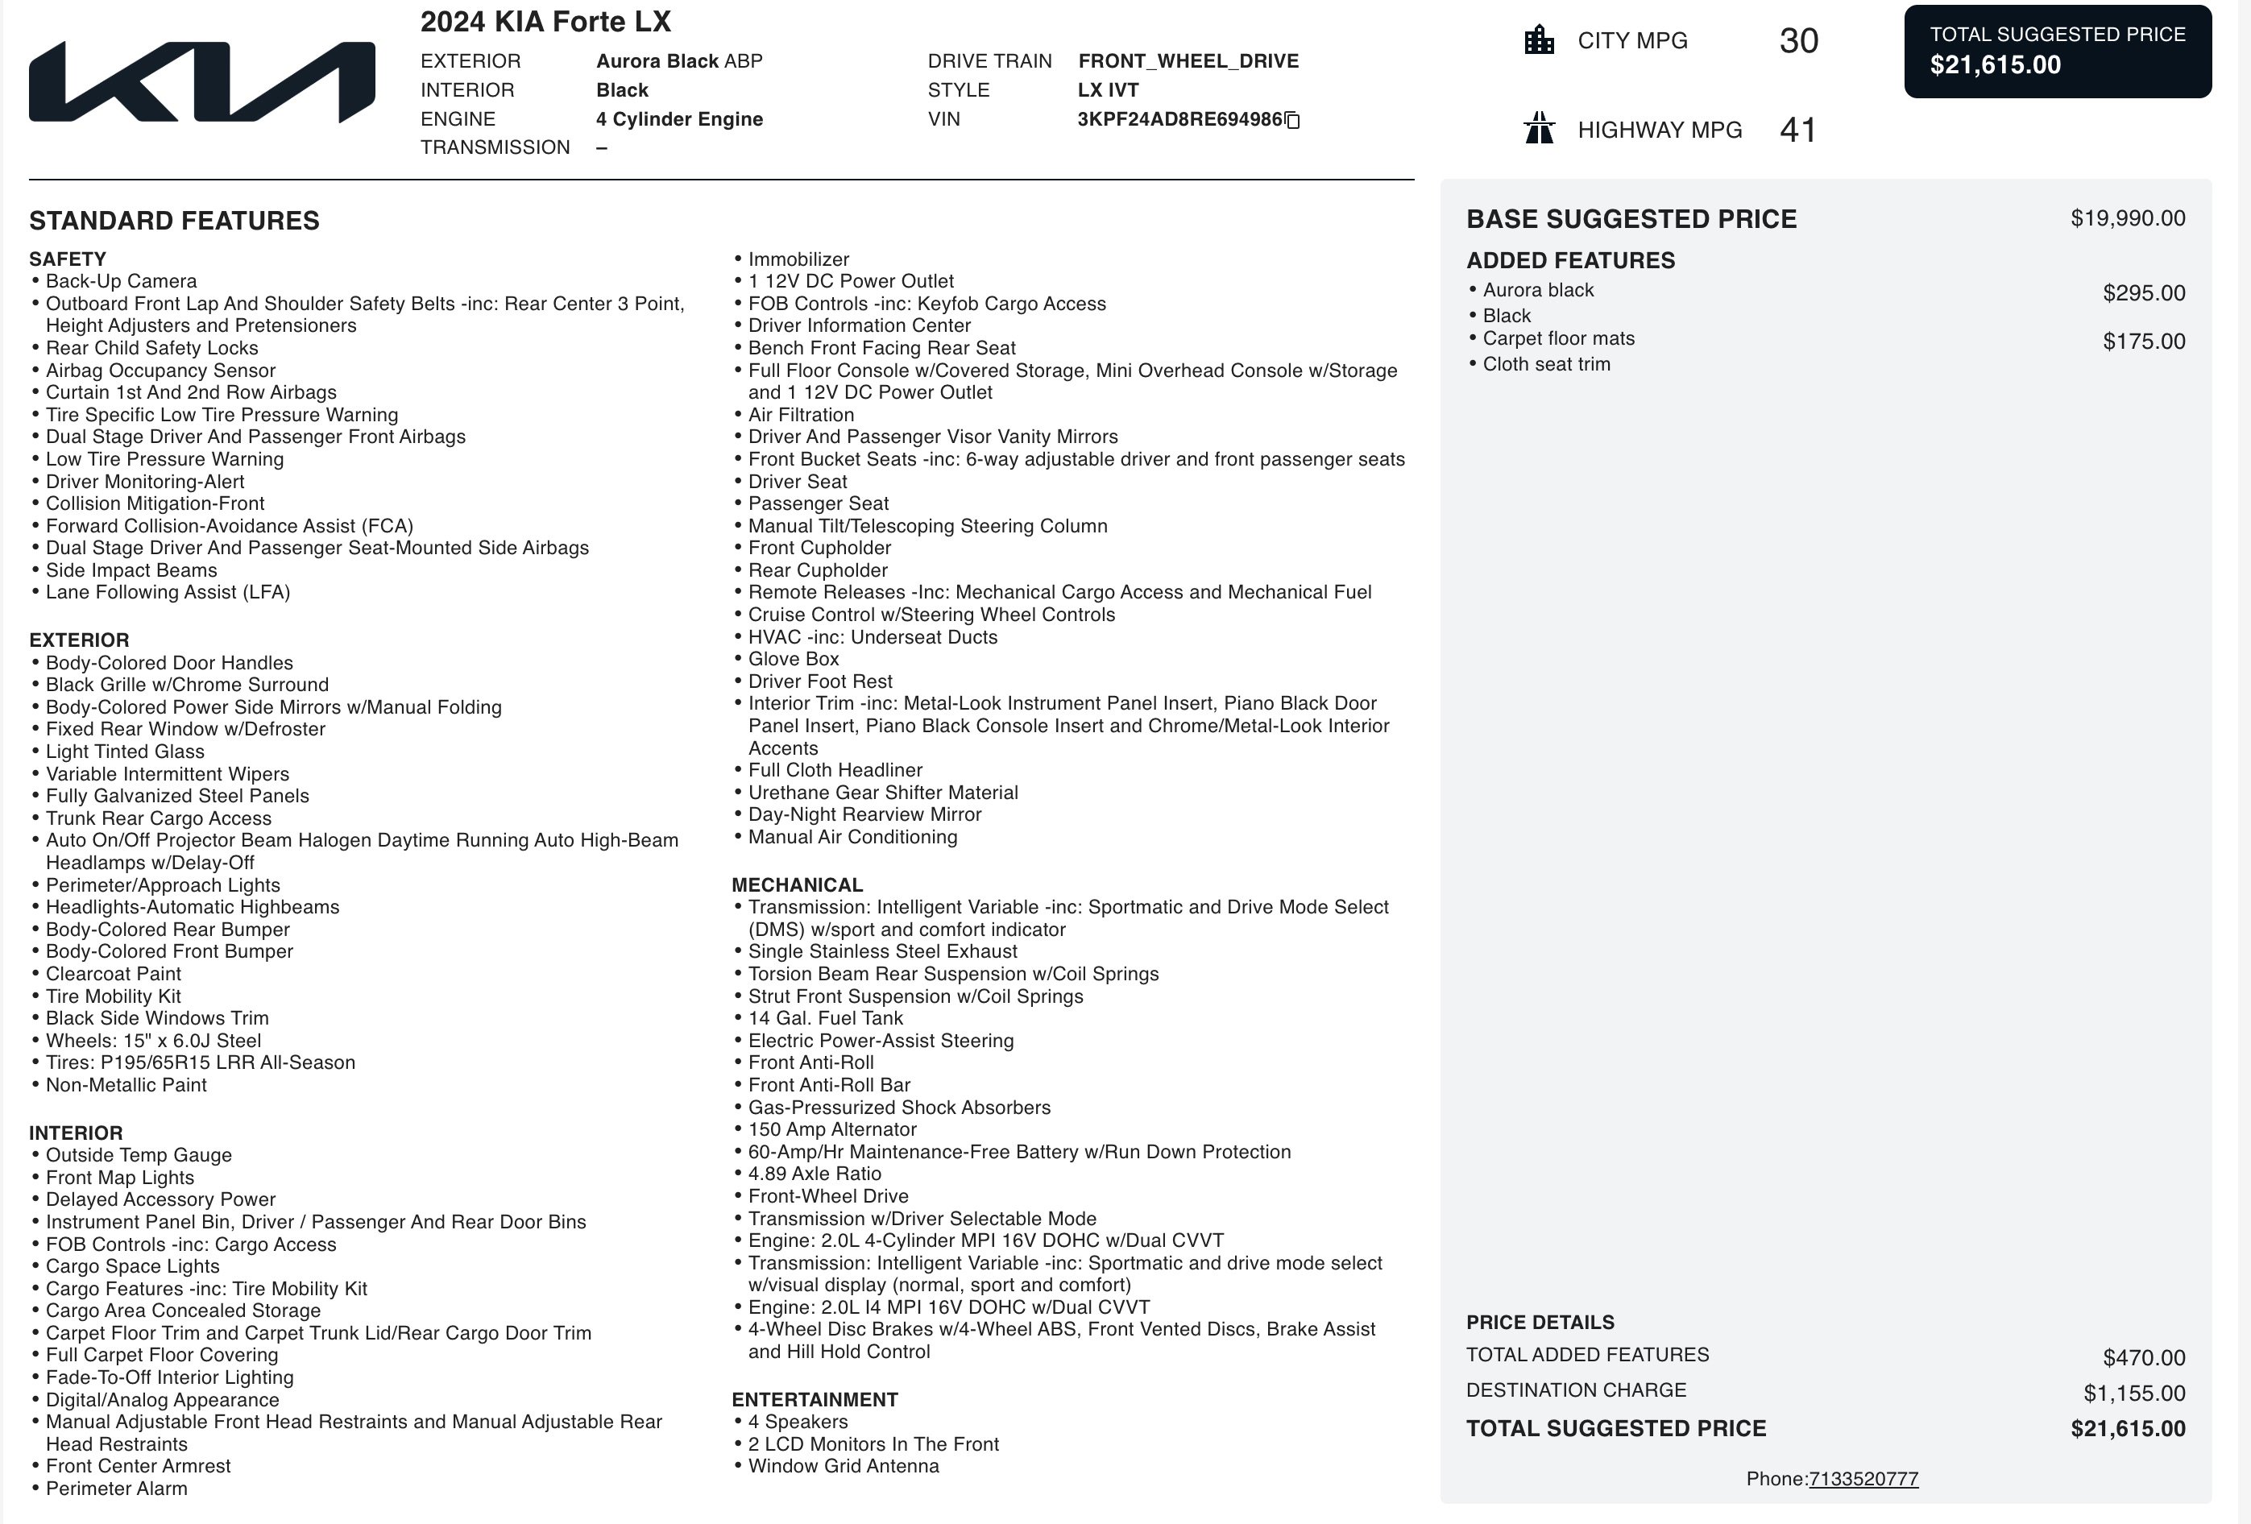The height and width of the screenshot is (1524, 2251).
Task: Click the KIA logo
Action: coord(201,82)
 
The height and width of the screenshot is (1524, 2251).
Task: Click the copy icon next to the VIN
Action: coord(1292,120)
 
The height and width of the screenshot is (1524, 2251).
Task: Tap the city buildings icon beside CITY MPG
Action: coord(1539,40)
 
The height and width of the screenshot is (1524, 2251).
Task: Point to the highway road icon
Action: coord(1539,129)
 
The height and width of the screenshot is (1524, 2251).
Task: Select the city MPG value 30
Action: coord(1799,40)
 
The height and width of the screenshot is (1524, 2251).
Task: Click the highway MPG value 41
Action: coord(1797,130)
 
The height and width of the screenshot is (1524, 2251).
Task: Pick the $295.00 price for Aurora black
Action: coord(2144,293)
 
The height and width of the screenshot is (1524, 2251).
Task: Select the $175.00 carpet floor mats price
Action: coord(2144,342)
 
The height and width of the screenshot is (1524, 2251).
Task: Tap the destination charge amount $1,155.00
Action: coord(2134,1394)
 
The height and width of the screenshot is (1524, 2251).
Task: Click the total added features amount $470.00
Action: coord(2144,1358)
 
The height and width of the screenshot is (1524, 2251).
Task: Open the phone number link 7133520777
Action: coord(1863,1479)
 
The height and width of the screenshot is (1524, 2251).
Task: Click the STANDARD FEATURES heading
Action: coord(174,221)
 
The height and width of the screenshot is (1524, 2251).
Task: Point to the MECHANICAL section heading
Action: coord(797,885)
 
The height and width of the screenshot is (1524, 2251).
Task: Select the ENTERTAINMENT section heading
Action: coord(815,1399)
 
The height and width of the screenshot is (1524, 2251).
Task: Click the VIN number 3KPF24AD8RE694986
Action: coord(1179,119)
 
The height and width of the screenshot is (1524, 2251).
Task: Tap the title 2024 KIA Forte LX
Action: coord(545,21)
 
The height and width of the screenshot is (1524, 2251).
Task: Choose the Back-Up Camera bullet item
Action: coord(121,281)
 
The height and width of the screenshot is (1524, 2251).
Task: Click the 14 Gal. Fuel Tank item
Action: coord(825,1017)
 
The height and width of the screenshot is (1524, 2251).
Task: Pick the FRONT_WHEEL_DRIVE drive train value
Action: coord(1188,61)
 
